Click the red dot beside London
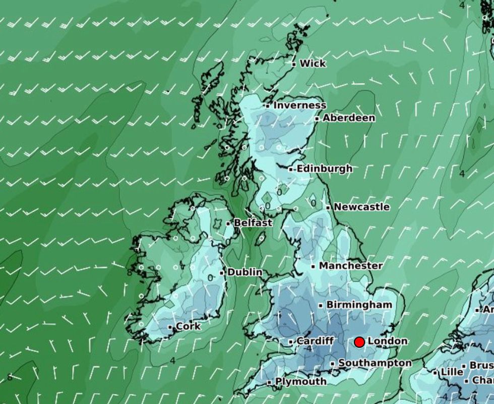point(359,342)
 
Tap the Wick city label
point(313,64)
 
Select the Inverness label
point(299,105)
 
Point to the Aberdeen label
point(349,118)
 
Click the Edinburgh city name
point(324,168)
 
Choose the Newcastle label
point(361,207)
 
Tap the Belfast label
point(253,222)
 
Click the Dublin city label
point(245,272)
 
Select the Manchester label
point(351,265)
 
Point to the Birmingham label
point(359,305)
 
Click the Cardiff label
point(315,341)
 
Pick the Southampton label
point(375,363)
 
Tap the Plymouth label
point(300,382)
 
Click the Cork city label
point(188,326)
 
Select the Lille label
point(451,372)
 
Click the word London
point(387,341)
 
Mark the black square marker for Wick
point(294,64)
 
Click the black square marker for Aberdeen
point(317,119)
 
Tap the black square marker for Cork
point(170,327)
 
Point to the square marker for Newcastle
point(328,207)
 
